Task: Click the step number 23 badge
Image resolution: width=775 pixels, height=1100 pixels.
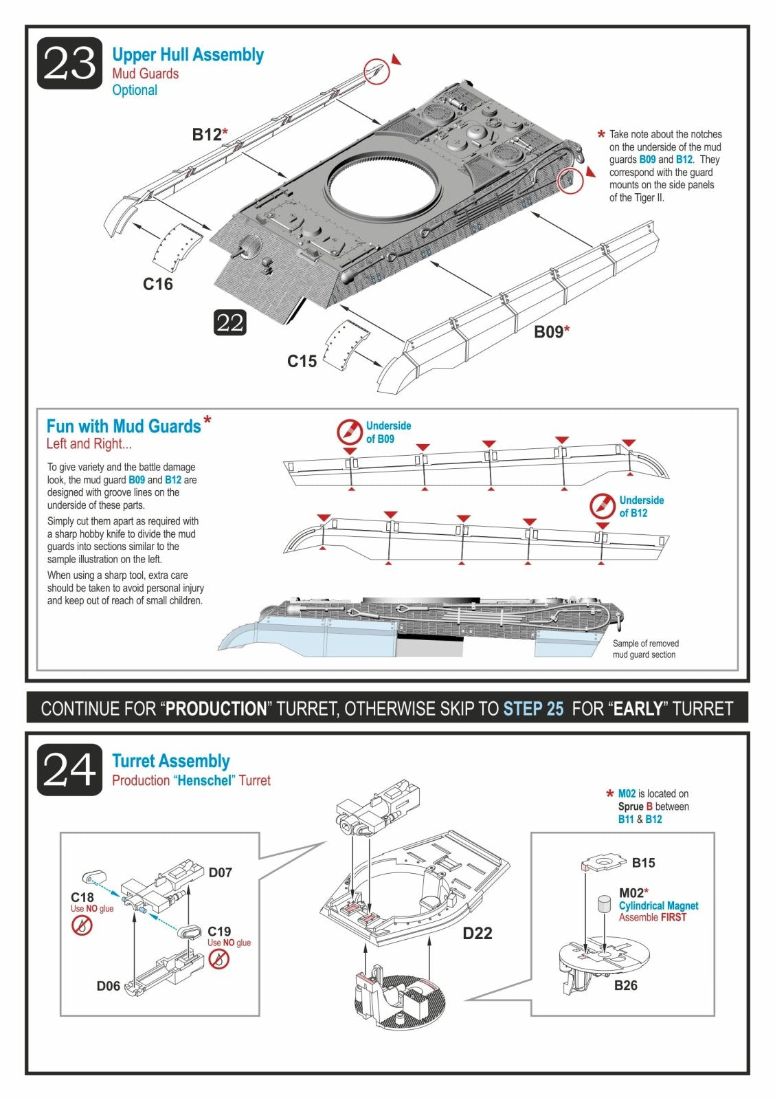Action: coord(69,63)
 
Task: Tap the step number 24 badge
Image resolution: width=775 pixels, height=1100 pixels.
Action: coord(69,769)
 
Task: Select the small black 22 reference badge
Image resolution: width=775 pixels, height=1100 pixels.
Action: coord(229,322)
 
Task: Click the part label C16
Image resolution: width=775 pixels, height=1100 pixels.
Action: coord(157,284)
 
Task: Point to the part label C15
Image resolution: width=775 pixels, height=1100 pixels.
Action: coord(302,362)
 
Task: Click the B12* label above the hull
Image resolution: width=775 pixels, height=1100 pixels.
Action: coord(210,134)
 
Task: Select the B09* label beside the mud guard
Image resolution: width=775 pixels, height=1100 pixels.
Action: coord(552,332)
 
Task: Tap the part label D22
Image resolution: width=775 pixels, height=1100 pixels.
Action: coord(477,933)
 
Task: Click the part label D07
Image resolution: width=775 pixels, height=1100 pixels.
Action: coord(220,872)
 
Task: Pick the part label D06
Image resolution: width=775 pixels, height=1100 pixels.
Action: coord(108,986)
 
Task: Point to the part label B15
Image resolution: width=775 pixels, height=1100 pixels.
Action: coord(644,862)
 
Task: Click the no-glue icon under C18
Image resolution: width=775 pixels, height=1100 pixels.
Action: coord(82,925)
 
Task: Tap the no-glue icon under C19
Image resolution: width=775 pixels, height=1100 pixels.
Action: coord(218,959)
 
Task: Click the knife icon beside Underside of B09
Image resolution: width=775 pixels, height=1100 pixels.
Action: coord(350,432)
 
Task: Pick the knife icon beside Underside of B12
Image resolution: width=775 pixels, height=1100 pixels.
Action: coord(603,506)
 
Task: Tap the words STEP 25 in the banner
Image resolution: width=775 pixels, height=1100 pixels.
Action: coord(534,709)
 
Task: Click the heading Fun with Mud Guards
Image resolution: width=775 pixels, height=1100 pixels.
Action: coord(124,426)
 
